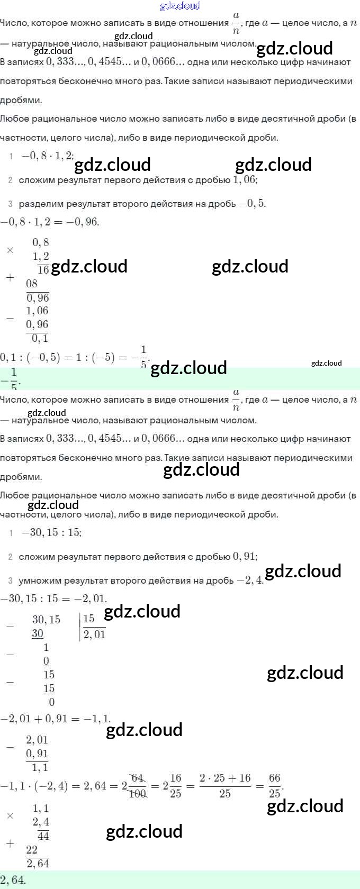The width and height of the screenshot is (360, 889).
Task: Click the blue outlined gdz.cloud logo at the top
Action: click(x=180, y=6)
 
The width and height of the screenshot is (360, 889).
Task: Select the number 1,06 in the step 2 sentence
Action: click(x=245, y=180)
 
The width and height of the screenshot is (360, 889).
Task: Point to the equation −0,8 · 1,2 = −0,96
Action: click(x=50, y=222)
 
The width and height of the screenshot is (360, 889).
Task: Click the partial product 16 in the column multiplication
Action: click(x=43, y=269)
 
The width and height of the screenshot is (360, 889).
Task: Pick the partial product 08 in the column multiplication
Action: click(x=32, y=284)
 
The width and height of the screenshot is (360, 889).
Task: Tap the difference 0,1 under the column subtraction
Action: click(x=40, y=338)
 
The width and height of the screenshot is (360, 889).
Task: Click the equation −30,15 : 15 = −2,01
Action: click(x=53, y=598)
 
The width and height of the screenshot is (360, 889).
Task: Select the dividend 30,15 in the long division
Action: click(x=46, y=620)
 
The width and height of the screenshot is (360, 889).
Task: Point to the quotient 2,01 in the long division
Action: click(x=94, y=634)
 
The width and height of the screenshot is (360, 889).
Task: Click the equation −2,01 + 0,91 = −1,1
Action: click(x=56, y=719)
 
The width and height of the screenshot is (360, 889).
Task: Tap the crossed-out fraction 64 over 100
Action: click(x=137, y=786)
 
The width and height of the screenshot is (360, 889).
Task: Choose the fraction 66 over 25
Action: click(x=274, y=786)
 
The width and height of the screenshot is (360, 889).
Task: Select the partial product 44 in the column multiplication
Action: click(x=43, y=836)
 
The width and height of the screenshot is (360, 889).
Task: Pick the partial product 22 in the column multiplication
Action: click(x=32, y=850)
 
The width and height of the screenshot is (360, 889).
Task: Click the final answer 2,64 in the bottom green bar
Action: click(x=13, y=880)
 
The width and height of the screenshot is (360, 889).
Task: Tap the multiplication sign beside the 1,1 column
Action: click(x=10, y=815)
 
